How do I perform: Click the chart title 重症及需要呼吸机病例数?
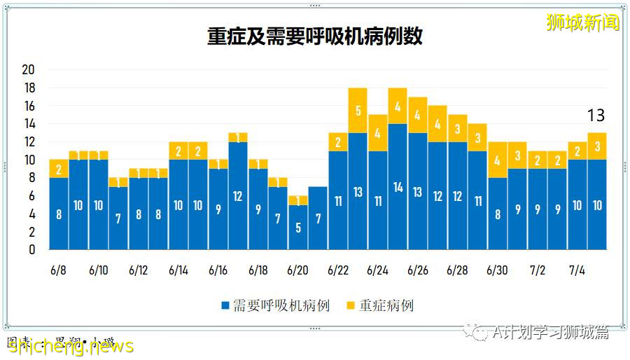point(314,36)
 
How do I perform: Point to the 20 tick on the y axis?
point(29,70)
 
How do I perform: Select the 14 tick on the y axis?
point(29,124)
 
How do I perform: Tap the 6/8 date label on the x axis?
point(59,270)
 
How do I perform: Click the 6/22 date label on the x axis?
point(338,270)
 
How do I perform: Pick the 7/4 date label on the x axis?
point(577,270)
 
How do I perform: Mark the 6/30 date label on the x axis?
point(497,270)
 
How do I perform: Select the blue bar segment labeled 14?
point(398,187)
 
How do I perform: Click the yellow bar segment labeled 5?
point(358,111)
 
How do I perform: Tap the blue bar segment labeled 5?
point(298,227)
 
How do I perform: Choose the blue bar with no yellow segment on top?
point(318,218)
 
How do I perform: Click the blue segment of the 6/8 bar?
point(59,214)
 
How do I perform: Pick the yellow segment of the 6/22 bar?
point(338,142)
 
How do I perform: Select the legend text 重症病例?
point(386,306)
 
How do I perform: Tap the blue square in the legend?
point(225,306)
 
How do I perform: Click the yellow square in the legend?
point(351,306)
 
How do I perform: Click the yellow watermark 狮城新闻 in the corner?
point(583,23)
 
